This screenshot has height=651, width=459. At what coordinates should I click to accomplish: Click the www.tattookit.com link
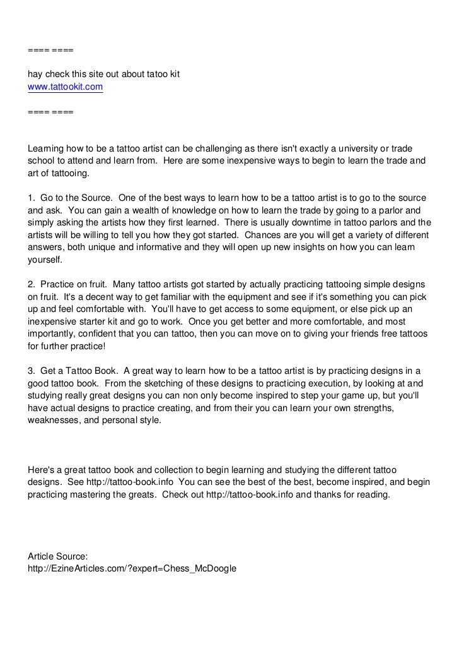(x=65, y=87)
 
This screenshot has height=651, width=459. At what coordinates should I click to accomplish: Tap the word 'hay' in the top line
(x=36, y=75)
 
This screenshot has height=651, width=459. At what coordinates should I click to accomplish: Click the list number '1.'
(x=32, y=198)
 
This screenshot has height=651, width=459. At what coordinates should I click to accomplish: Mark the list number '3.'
(x=32, y=370)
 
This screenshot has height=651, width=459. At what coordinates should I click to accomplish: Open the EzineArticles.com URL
(x=132, y=568)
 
